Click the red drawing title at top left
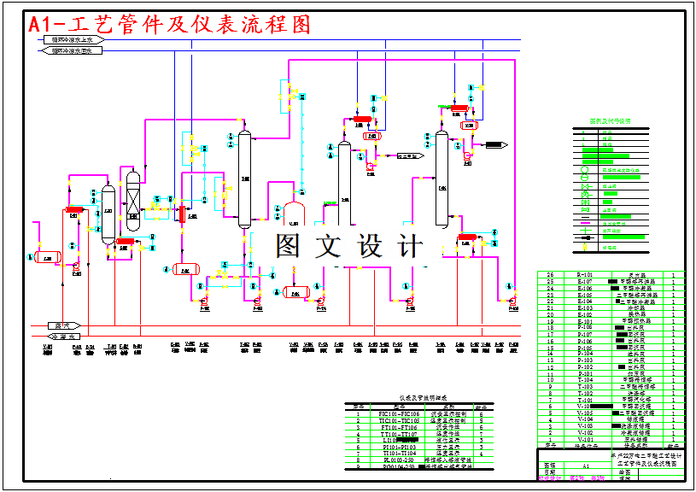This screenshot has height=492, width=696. point(171,25)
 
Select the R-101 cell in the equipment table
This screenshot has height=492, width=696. point(585,275)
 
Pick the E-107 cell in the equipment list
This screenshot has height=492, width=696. point(585,282)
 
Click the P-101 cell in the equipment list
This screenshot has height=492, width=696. point(585,373)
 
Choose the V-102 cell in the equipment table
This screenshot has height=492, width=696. point(585,432)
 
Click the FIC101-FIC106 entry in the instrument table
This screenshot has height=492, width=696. point(399,414)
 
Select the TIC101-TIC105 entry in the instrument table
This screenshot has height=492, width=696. point(399,421)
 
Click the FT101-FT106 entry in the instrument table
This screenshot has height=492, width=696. point(399,427)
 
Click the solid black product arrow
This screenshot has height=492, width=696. point(495,144)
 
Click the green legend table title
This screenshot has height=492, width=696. point(610,122)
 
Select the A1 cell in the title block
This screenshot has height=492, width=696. point(586,466)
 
